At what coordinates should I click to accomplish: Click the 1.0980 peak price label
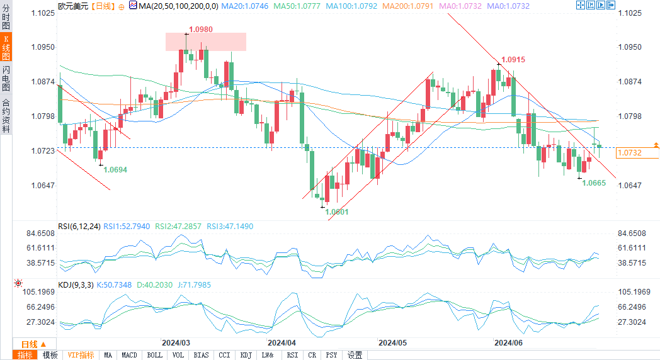click(x=201, y=30)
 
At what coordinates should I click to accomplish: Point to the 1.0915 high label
click(x=513, y=59)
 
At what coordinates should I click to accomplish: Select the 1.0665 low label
click(x=594, y=183)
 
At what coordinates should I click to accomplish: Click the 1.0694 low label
click(x=115, y=169)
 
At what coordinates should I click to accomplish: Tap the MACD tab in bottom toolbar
click(x=129, y=355)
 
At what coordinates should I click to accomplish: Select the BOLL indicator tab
click(x=154, y=355)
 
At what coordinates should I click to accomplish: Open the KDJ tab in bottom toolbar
click(x=246, y=355)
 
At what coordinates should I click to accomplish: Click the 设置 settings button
click(x=355, y=355)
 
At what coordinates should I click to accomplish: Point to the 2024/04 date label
click(x=282, y=343)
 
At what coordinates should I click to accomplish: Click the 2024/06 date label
click(x=508, y=343)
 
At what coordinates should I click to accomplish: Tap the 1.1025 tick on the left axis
click(x=42, y=13)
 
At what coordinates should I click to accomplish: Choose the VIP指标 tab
click(x=81, y=355)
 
